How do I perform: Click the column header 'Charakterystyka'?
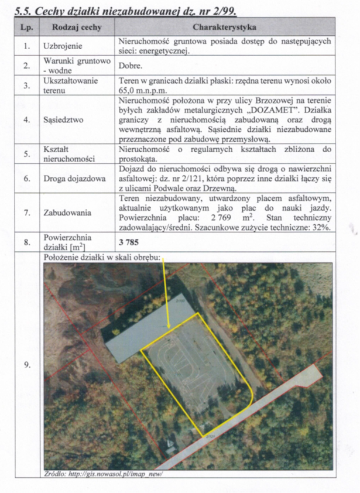click(224, 27)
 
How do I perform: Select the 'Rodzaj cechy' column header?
click(77, 27)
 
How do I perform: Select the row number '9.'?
click(26, 365)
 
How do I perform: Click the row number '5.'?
click(26, 154)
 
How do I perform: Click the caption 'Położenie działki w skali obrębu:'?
click(102, 256)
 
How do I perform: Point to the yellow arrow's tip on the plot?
click(169, 328)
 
